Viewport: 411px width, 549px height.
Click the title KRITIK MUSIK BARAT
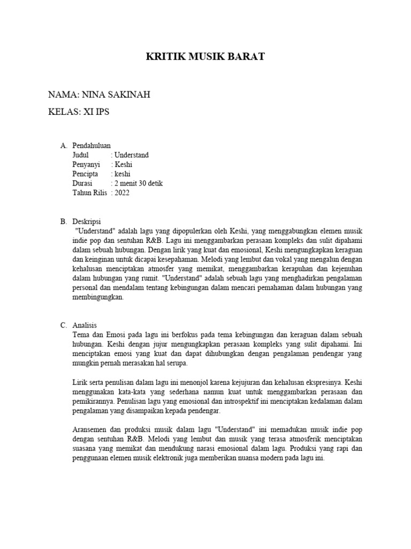pyautogui.click(x=205, y=56)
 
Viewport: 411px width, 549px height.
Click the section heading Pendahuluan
pyautogui.click(x=92, y=145)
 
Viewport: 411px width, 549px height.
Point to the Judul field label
pyautogui.click(x=81, y=155)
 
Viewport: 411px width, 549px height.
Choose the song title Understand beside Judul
pyautogui.click(x=132, y=155)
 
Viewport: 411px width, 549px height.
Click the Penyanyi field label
pyautogui.click(x=86, y=165)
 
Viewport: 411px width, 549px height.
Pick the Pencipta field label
pyautogui.click(x=85, y=174)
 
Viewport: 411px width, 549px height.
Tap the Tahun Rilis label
pyautogui.click(x=90, y=193)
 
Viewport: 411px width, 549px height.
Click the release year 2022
pyautogui.click(x=121, y=193)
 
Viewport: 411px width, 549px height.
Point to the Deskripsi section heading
pyautogui.click(x=87, y=221)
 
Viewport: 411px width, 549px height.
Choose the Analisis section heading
pyautogui.click(x=85, y=325)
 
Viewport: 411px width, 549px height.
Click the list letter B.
pyautogui.click(x=63, y=221)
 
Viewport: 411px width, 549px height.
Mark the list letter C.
pyautogui.click(x=63, y=325)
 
